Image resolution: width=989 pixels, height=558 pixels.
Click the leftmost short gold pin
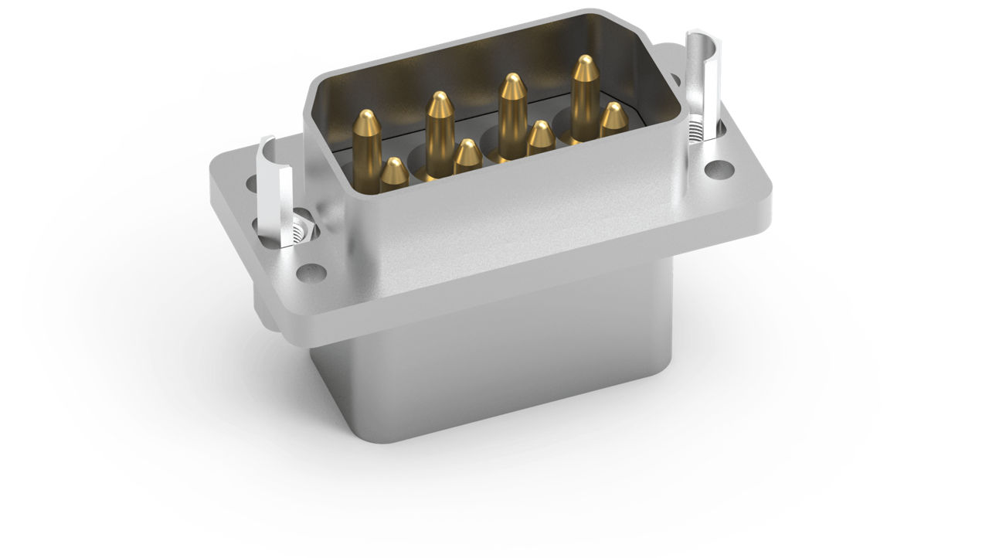click(394, 175)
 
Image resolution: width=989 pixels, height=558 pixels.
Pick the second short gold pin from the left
click(467, 156)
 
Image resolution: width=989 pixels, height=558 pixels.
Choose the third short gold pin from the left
click(540, 138)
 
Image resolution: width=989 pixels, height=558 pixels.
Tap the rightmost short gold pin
click(613, 120)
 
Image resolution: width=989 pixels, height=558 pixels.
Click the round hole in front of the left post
click(311, 271)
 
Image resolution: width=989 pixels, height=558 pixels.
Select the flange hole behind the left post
click(252, 184)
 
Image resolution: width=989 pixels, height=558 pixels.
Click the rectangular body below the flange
click(494, 371)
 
